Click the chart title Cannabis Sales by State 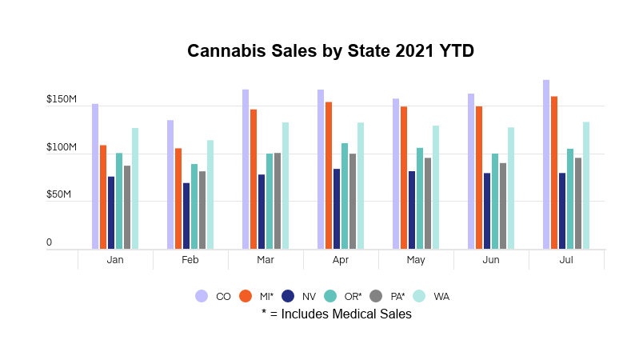(330, 51)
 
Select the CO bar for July (546, 165)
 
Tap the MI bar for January (103, 197)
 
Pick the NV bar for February (186, 216)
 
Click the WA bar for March (286, 186)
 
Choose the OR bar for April (345, 196)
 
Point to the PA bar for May (428, 203)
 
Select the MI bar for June (479, 178)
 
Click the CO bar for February (170, 185)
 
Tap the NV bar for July (562, 211)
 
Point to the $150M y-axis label (62, 101)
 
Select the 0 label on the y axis (49, 242)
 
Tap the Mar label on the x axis (266, 261)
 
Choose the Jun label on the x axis (491, 261)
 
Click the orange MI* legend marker (246, 296)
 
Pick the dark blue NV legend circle (289, 296)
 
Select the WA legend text (441, 297)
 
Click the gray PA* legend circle (375, 296)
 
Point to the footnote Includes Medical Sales (337, 314)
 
